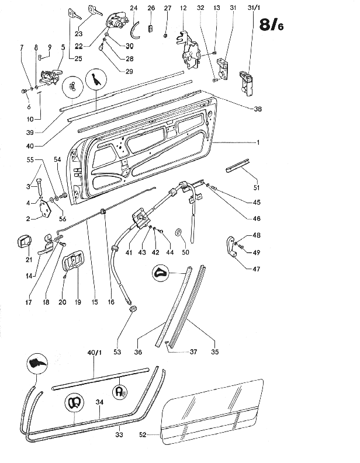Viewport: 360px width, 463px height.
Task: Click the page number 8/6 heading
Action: coord(271,25)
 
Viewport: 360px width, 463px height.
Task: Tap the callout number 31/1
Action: coord(254,8)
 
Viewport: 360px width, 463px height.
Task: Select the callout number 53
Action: coord(117,351)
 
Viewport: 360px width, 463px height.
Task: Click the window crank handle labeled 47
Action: coord(232,246)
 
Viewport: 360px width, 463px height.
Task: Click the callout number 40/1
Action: coord(94,353)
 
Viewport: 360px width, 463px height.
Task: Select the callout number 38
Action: coord(258,109)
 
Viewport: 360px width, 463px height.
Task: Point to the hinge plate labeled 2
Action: coord(46,208)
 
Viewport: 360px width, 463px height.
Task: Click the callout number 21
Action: coord(29,260)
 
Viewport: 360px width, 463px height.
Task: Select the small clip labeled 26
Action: coord(151,29)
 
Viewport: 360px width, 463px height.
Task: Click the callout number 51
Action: coord(257,187)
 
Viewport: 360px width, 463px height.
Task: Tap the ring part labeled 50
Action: coord(178,232)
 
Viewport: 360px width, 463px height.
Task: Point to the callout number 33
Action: coord(119,434)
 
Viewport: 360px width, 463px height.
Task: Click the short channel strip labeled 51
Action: coord(238,165)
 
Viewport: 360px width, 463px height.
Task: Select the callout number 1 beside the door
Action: coord(258,142)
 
